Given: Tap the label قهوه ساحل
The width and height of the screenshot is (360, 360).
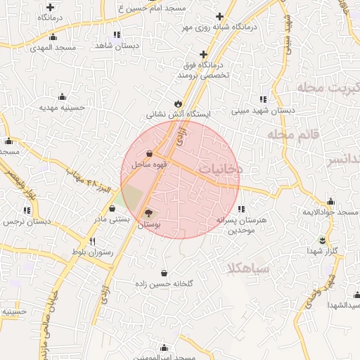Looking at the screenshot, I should click(x=149, y=164).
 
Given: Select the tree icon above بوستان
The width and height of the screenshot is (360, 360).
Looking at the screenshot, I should click(x=148, y=213).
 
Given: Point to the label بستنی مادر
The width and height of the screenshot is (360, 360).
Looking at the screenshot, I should click(x=112, y=219).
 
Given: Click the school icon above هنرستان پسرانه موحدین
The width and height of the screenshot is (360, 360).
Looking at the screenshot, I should click(x=242, y=209).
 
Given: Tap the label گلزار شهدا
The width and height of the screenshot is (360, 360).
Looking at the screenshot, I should click(x=323, y=251).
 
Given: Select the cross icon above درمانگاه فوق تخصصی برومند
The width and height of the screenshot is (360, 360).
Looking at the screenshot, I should click(x=204, y=54).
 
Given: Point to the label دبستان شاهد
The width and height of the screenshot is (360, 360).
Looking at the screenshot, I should click(x=116, y=45).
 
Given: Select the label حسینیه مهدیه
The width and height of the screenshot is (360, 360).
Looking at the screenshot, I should click(x=62, y=108).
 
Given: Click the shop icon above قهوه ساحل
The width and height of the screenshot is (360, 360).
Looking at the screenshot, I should click(x=149, y=153).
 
